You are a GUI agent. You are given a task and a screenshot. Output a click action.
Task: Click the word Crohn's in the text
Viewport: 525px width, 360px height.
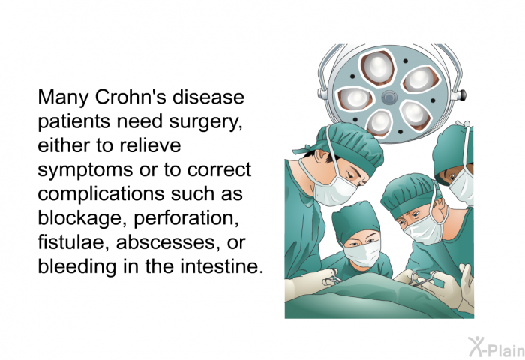click(131, 97)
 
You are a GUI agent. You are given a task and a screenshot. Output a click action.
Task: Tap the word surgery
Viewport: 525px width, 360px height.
click(205, 122)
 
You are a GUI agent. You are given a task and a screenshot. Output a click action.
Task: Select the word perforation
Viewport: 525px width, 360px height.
click(187, 219)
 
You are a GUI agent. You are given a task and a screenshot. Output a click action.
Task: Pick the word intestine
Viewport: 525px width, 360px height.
click(220, 267)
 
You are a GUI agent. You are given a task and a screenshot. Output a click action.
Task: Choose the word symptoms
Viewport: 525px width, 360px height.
click(85, 171)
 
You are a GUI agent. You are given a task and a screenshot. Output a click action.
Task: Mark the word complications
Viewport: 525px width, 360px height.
click(102, 195)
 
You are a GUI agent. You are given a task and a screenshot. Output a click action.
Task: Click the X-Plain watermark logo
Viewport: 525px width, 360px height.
click(496, 347)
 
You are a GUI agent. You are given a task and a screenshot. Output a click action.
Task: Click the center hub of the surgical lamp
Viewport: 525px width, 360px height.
click(389, 97)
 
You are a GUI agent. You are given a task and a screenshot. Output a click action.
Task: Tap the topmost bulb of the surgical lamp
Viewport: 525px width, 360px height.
click(377, 67)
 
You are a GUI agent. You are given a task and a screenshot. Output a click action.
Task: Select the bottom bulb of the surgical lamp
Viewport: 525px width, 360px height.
click(379, 123)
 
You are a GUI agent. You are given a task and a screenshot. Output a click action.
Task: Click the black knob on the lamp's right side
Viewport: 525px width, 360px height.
click(463, 94)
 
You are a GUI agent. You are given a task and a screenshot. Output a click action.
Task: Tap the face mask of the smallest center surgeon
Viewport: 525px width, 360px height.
click(362, 253)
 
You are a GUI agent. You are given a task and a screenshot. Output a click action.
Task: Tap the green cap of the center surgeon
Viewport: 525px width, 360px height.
click(356, 220)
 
